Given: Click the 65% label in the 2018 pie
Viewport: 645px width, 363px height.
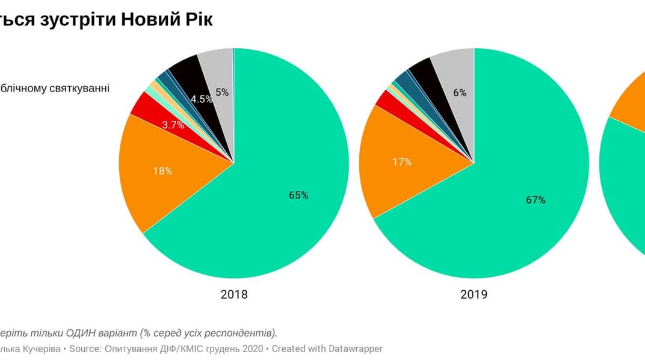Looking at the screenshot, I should pyautogui.click(x=298, y=195).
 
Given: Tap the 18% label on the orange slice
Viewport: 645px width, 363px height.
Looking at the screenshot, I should pyautogui.click(x=163, y=171).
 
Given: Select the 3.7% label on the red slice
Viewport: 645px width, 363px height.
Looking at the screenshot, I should pyautogui.click(x=174, y=125).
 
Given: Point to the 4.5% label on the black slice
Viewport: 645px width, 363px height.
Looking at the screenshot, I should pyautogui.click(x=202, y=99).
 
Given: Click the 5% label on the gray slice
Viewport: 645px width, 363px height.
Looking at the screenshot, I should pyautogui.click(x=222, y=92).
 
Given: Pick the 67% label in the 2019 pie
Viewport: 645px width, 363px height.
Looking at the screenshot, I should pyautogui.click(x=535, y=200).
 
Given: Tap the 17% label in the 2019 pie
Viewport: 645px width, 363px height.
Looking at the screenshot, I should pyautogui.click(x=403, y=162).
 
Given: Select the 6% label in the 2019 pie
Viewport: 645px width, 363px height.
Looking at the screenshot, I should pyautogui.click(x=460, y=92).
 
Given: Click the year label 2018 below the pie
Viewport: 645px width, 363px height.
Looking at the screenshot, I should pyautogui.click(x=234, y=295).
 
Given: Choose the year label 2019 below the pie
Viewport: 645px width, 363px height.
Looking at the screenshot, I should pyautogui.click(x=474, y=295).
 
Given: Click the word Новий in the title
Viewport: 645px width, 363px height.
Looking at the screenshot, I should pyautogui.click(x=147, y=19).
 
